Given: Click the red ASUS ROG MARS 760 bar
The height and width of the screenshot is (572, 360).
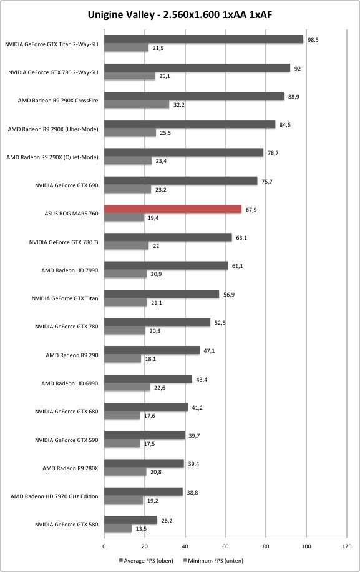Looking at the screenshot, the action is click(173, 209).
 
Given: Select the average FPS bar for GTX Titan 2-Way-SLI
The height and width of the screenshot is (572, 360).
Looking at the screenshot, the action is click(203, 39).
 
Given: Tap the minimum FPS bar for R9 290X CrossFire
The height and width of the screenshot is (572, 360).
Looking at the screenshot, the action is click(137, 104).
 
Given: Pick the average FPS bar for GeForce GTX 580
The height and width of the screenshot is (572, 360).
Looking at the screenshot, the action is click(130, 520).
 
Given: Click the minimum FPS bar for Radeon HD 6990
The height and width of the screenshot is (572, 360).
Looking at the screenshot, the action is click(127, 387).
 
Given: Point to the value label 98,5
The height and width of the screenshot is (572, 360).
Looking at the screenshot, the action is click(313, 40).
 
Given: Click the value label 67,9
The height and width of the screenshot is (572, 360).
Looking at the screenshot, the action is click(251, 210).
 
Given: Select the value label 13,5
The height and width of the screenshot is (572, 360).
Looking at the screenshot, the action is click(141, 529).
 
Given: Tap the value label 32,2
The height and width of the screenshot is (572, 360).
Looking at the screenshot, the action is click(179, 105).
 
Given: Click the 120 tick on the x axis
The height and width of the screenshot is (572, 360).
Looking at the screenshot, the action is click(347, 546).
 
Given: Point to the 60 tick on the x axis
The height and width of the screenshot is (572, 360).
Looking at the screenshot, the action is click(226, 546).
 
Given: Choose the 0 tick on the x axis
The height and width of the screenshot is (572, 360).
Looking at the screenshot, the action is click(104, 546).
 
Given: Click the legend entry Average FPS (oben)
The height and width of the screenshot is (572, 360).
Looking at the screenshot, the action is click(146, 561).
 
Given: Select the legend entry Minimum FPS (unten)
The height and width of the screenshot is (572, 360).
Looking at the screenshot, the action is click(213, 561).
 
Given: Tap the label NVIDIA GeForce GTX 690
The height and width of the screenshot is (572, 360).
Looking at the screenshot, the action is click(67, 185).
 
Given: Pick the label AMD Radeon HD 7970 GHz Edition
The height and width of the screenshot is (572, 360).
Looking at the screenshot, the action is click(54, 496).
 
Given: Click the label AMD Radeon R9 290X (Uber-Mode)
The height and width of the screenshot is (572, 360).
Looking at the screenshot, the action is click(53, 129).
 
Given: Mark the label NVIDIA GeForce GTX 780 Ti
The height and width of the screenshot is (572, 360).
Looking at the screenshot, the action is click(64, 242).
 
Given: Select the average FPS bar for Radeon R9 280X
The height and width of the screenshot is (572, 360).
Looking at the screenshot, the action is click(144, 463).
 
